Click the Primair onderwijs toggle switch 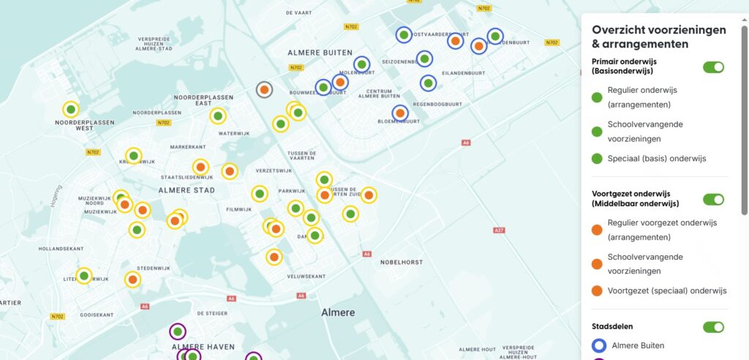(x=713, y=67)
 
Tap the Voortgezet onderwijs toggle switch (x=713, y=199)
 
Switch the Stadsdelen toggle (x=713, y=327)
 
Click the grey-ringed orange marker (x=265, y=89)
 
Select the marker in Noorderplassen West (x=71, y=110)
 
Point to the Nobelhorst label (x=402, y=261)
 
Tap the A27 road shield (x=499, y=230)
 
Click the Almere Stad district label (x=187, y=190)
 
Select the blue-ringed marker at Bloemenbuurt (x=399, y=113)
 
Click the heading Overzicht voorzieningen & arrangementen (x=658, y=37)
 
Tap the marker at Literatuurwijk (x=84, y=276)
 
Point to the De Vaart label (x=299, y=12)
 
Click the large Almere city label (x=338, y=312)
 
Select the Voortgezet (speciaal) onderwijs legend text (x=666, y=290)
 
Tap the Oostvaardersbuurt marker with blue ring (x=404, y=34)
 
